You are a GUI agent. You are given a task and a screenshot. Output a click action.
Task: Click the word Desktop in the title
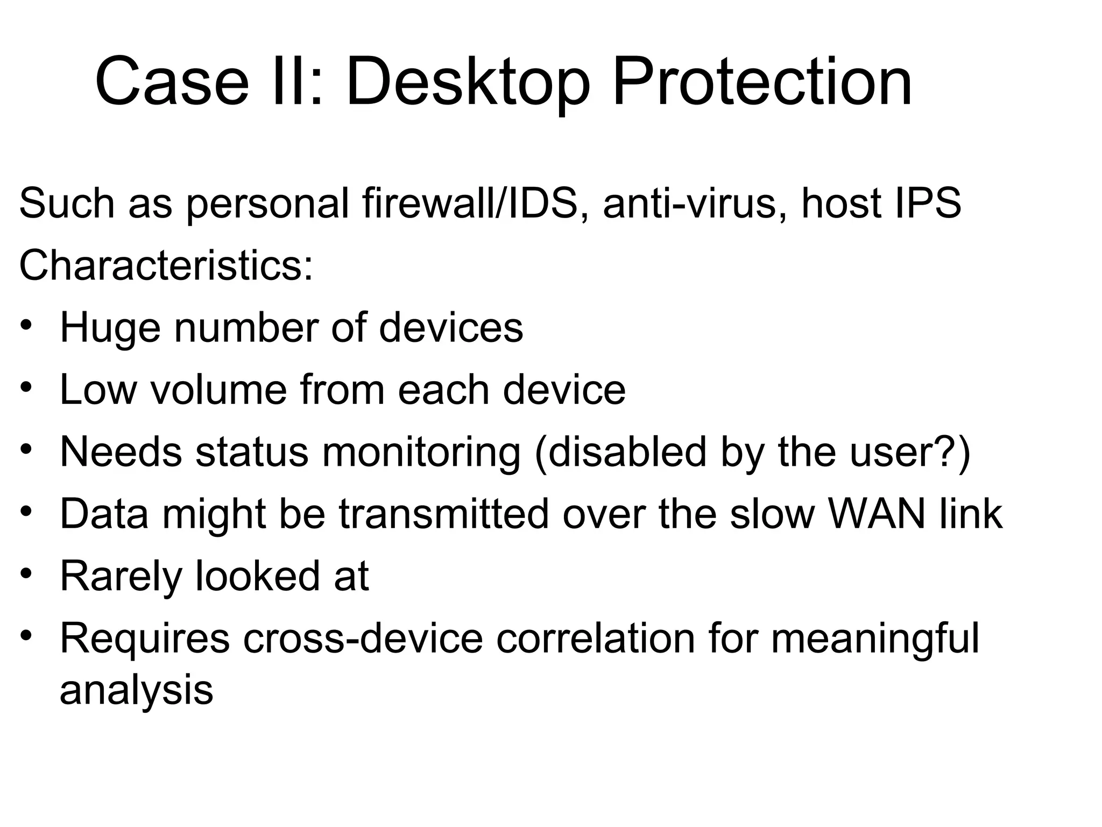point(467,83)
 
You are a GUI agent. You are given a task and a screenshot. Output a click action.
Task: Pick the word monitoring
point(421,453)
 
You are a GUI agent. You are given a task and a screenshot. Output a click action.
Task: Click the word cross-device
point(363,638)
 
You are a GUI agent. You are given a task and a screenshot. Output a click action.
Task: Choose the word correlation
point(595,638)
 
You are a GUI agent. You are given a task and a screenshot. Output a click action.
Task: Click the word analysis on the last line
point(136,690)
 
